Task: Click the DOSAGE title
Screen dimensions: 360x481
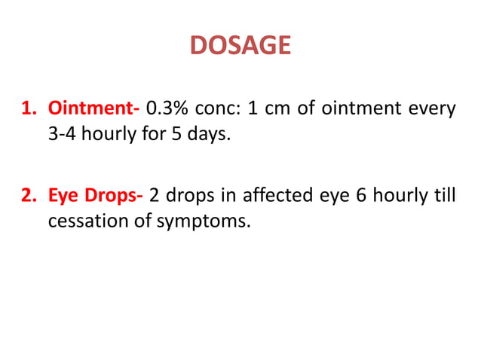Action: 240,46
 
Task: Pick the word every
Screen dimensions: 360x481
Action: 433,109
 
